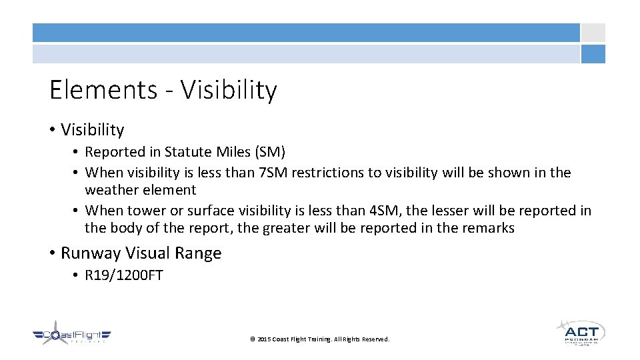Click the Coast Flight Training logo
click(x=71, y=335)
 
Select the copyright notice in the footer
click(x=319, y=339)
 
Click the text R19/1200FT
click(x=124, y=275)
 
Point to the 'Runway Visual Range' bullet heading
click(x=141, y=253)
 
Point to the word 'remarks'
click(x=489, y=228)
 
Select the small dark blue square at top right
click(x=593, y=54)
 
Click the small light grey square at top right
click(x=593, y=33)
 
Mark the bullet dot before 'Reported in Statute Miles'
click(x=78, y=153)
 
